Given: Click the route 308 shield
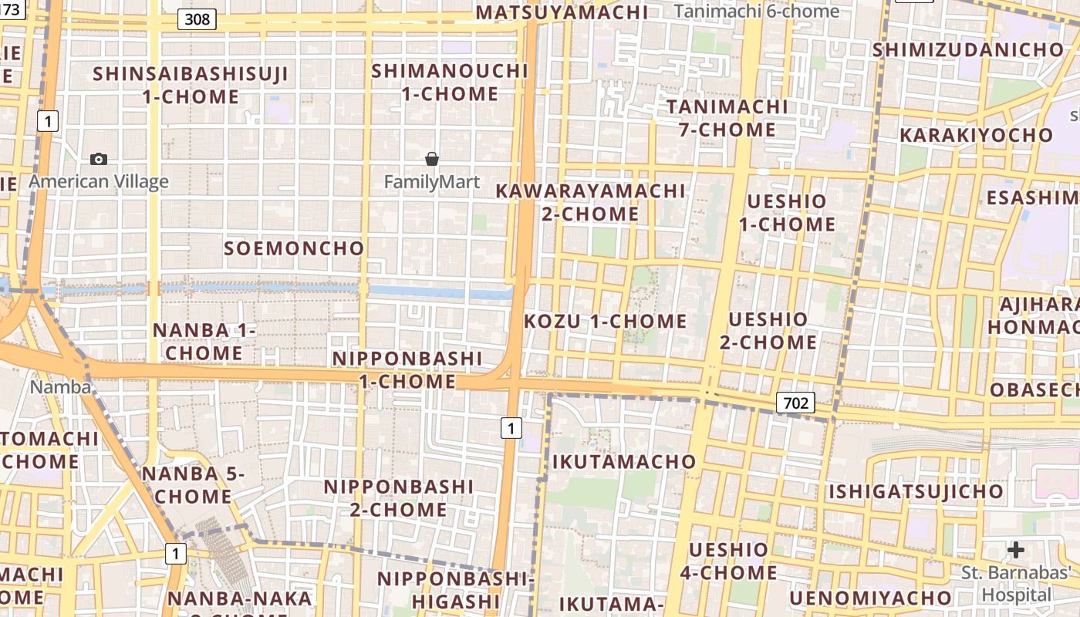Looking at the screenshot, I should (197, 19).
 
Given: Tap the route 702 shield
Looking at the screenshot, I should (795, 402).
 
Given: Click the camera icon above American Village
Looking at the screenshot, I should (99, 159).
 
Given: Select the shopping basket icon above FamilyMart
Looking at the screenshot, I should (432, 159).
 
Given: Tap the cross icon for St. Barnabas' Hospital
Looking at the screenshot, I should (1016, 550).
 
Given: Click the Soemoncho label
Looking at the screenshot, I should (294, 248).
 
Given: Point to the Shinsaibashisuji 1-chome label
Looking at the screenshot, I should (191, 86).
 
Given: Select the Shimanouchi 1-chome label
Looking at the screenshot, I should (450, 83).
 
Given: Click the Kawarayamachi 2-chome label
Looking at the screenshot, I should (590, 202).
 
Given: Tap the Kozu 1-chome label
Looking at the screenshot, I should (606, 321).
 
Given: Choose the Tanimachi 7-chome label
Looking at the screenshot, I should (727, 118).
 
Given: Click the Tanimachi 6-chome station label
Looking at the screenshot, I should (756, 12).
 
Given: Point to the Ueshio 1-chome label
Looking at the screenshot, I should (787, 213).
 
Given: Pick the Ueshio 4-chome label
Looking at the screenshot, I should (728, 561).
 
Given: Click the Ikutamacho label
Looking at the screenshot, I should (624, 462).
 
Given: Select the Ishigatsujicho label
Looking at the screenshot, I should (916, 491).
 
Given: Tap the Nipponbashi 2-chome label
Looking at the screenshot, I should (398, 498).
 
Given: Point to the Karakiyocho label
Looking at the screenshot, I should (976, 135).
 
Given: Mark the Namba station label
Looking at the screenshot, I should (60, 387).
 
